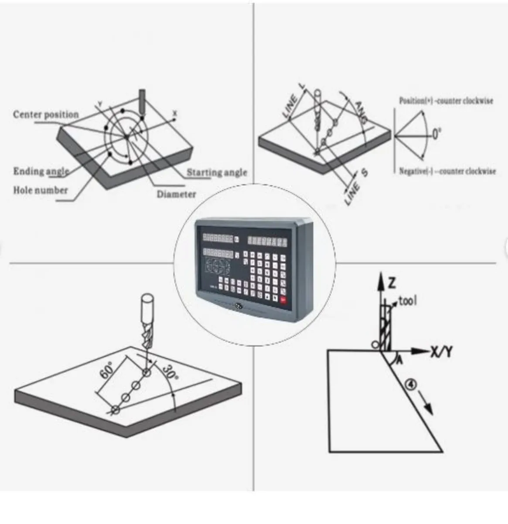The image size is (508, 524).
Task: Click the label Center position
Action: tap(46, 115)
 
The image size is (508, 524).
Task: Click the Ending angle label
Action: tap(41, 171)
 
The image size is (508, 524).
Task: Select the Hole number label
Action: tap(40, 190)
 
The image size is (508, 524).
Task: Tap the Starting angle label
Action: tap(217, 172)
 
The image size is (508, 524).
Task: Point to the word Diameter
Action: tap(176, 194)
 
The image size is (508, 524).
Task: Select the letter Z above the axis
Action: tap(392, 283)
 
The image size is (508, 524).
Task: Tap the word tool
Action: tap(408, 300)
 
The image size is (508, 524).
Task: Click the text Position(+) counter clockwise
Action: tap(446, 101)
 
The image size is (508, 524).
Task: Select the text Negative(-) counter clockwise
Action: tap(447, 172)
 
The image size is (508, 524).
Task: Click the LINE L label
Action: tap(294, 100)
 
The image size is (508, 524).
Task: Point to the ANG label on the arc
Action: tap(361, 112)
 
